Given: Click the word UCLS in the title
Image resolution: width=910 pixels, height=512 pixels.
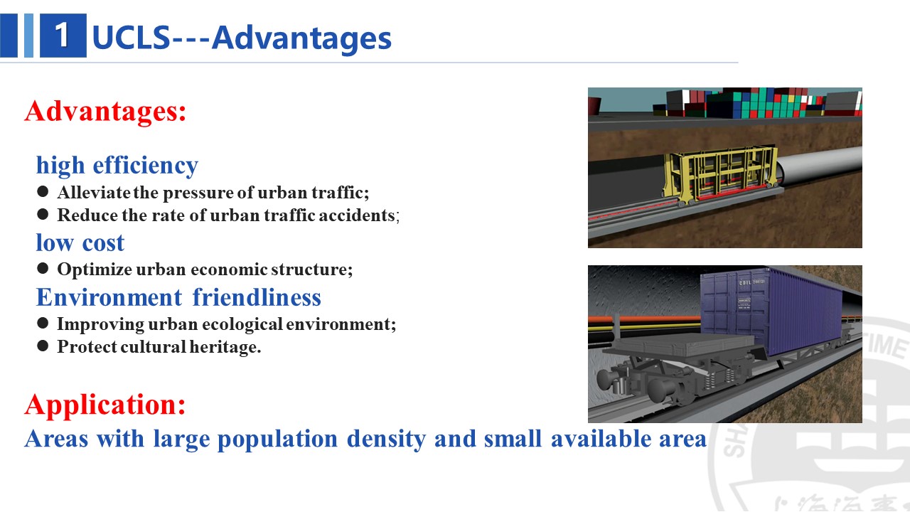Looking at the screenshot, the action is (x=131, y=38).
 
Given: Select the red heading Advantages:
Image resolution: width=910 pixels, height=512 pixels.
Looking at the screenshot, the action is (x=105, y=110).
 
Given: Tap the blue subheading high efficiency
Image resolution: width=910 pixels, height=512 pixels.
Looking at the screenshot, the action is (x=117, y=166).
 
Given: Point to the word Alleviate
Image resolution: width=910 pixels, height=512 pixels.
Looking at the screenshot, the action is (x=94, y=193).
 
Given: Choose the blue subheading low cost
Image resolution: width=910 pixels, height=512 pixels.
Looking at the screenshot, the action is (x=80, y=243).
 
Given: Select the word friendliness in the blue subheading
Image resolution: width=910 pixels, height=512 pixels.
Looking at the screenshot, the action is (x=257, y=297).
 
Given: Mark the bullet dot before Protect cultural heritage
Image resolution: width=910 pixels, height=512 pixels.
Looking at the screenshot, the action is (x=43, y=346).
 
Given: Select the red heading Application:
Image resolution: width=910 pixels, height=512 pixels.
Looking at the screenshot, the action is (x=105, y=405).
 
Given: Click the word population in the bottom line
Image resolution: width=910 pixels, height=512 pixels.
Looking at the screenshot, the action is (x=277, y=439).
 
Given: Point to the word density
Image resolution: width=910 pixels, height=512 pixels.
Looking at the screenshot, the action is (x=386, y=439).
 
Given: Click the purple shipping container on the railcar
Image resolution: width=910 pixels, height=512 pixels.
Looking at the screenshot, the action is (x=772, y=311).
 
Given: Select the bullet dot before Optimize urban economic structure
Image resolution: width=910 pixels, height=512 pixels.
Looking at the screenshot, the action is (x=43, y=268).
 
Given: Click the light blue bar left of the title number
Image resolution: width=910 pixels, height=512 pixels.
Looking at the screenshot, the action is (x=28, y=36).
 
